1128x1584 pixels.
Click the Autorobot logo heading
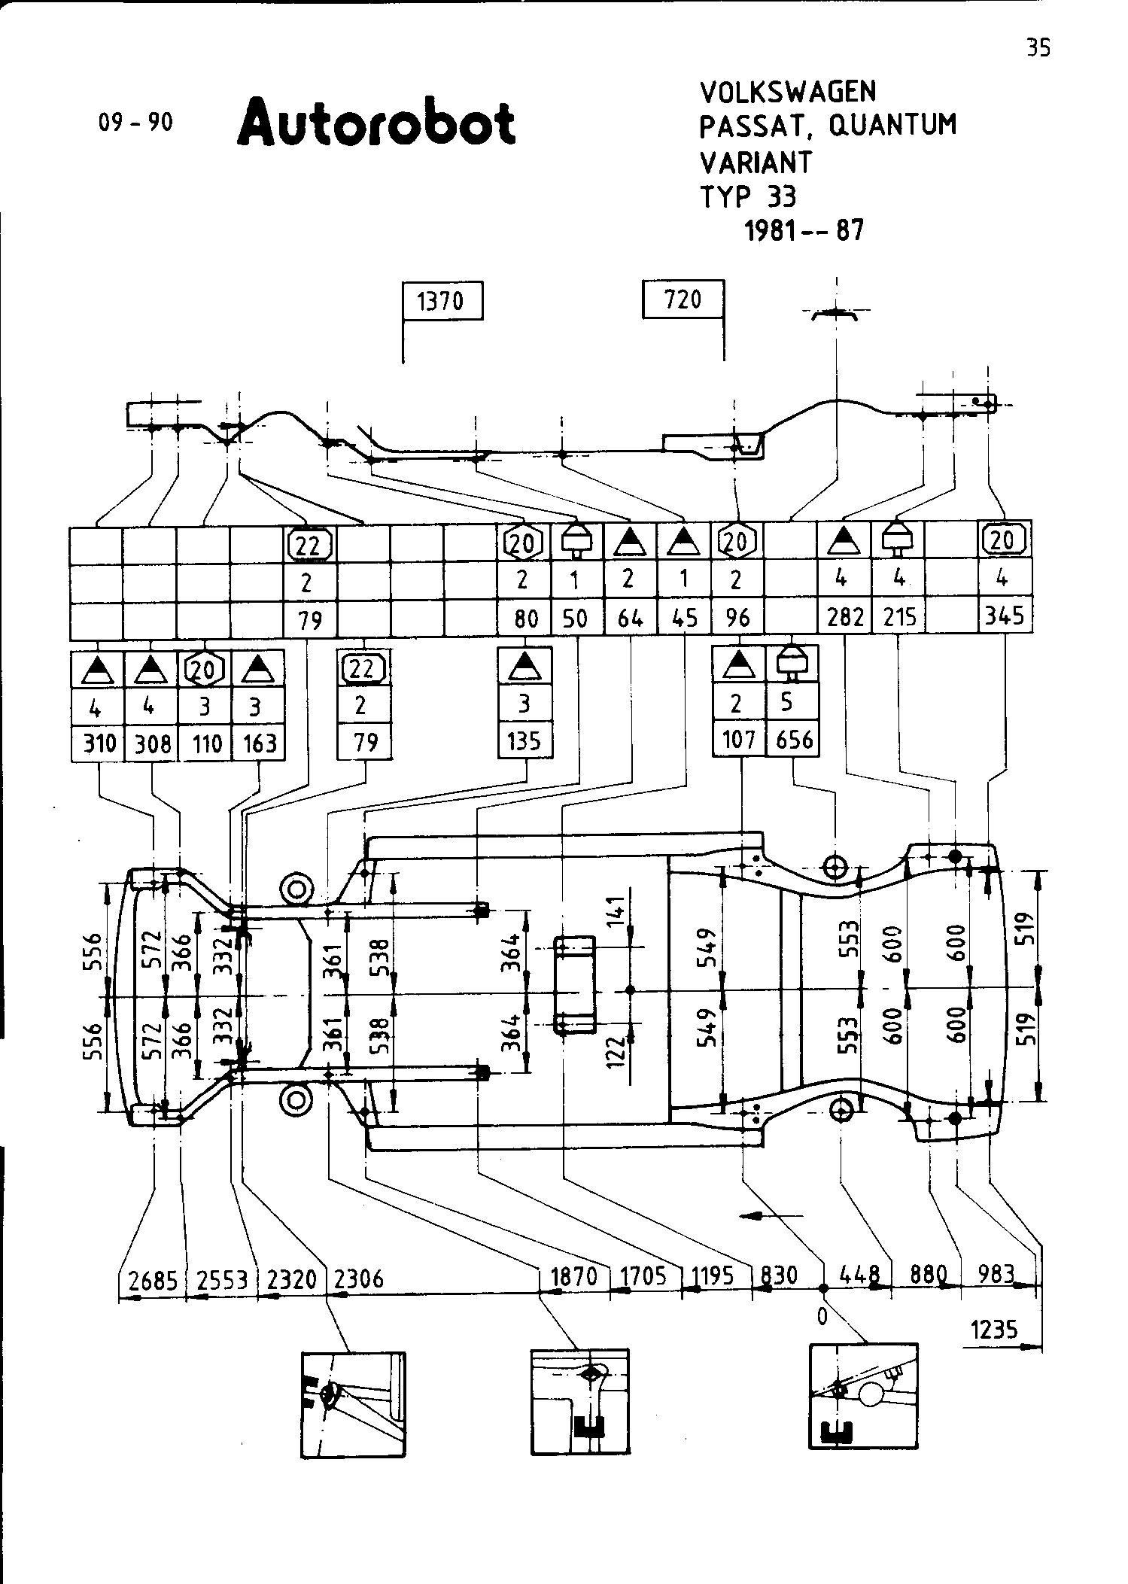pos(376,122)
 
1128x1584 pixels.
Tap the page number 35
pos(1038,48)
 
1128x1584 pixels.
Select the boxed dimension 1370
pos(442,301)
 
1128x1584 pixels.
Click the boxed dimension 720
pos(683,299)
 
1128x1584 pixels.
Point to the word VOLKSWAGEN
pos(788,92)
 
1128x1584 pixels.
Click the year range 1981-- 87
pos(804,230)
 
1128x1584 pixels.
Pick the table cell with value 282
pos(845,617)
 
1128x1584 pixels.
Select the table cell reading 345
pos(1005,616)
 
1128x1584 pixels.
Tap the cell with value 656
pos(794,740)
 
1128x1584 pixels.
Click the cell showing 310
pos(99,743)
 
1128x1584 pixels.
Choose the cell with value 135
pos(524,741)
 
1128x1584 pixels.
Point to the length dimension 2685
pos(153,1279)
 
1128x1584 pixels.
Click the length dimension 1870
pos(574,1276)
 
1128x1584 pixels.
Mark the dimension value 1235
pos(994,1330)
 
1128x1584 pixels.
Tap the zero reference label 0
pos(822,1315)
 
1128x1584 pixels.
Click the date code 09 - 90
pos(135,122)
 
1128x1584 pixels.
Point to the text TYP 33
pos(748,196)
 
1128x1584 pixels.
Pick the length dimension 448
pos(859,1275)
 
